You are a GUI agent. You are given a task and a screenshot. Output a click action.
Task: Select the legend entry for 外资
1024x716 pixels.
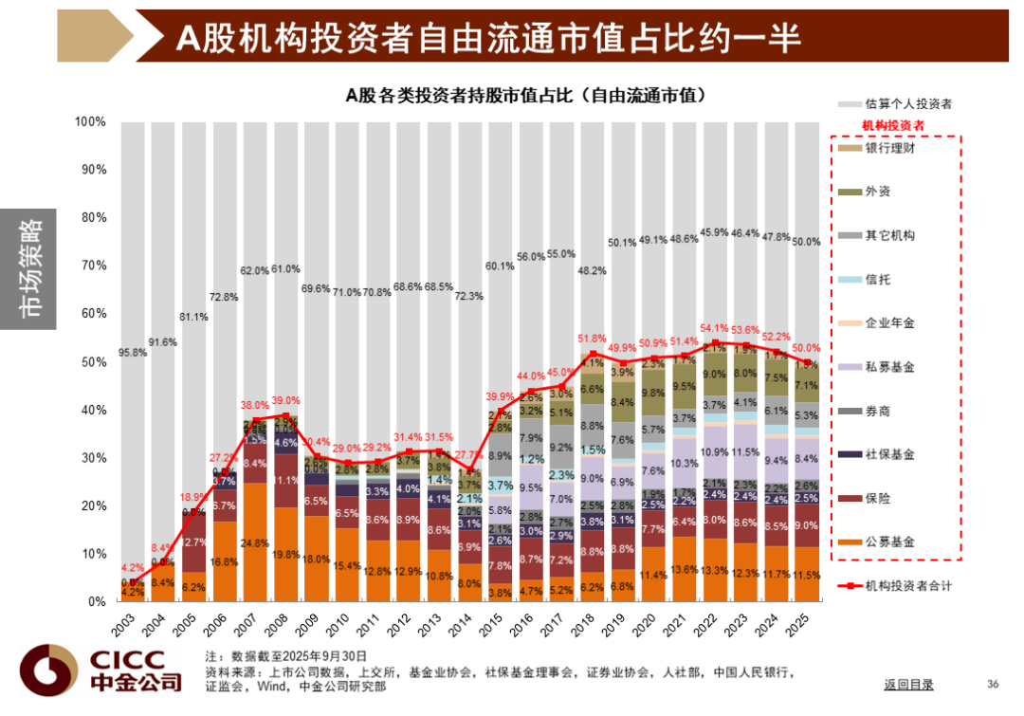tap(877, 192)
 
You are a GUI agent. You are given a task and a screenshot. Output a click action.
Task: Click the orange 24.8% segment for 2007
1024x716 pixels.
tap(255, 543)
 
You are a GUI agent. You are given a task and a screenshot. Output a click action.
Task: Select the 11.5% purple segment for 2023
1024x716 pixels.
tap(747, 453)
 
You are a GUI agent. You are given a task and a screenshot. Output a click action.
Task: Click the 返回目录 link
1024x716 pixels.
tap(908, 684)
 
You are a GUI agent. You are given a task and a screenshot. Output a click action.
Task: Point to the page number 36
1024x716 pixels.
tap(993, 684)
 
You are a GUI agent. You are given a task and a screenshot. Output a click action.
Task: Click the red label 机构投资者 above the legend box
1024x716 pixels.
tap(892, 125)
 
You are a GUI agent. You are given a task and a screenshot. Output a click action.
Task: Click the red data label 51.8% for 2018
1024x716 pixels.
tap(591, 340)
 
